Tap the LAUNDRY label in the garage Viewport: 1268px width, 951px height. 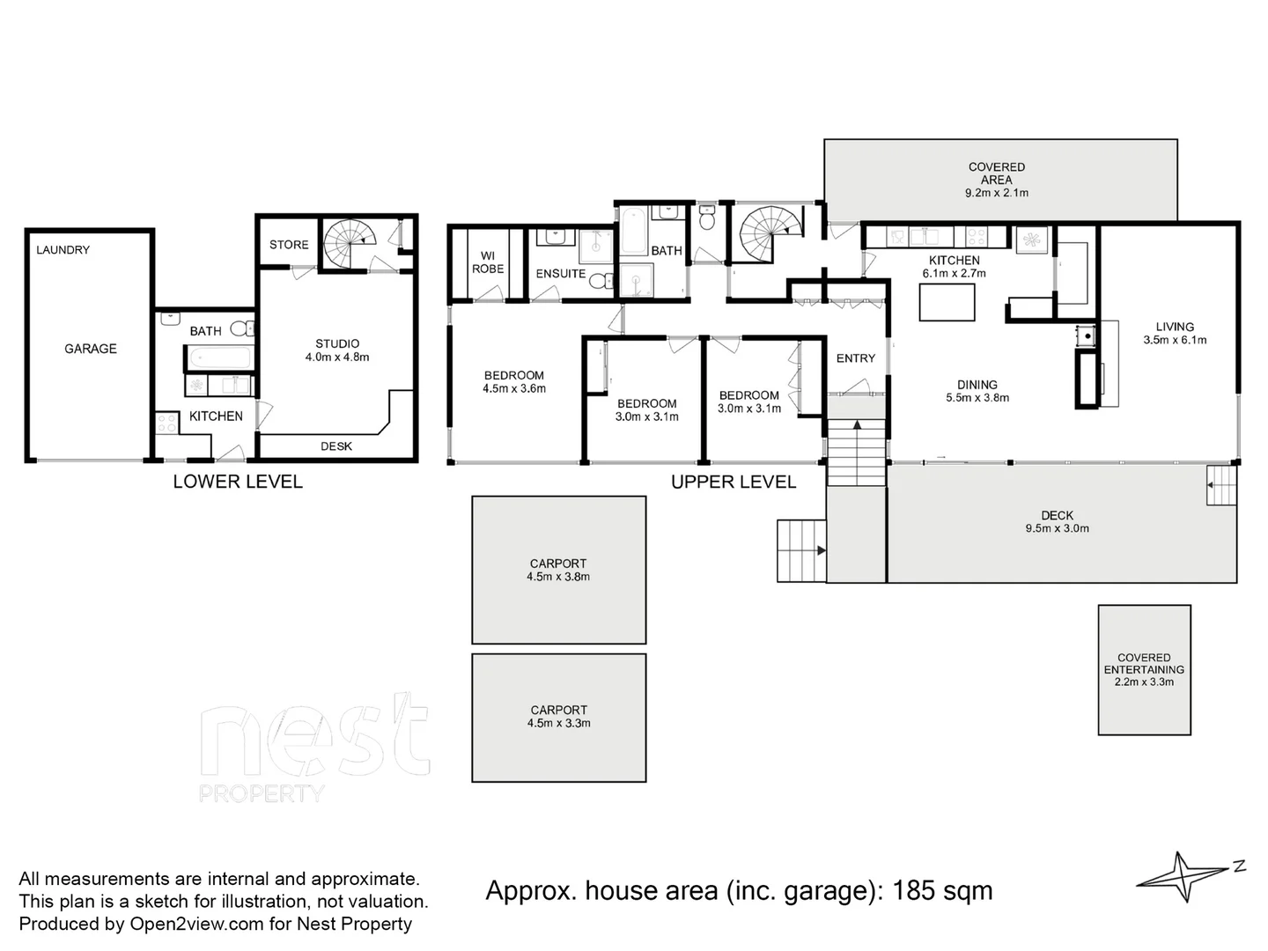pyautogui.click(x=63, y=250)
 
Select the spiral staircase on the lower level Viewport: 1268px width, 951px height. pyautogui.click(x=350, y=242)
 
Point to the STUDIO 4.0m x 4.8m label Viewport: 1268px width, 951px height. pyautogui.click(x=336, y=350)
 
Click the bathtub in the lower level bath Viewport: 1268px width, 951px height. pyautogui.click(x=219, y=358)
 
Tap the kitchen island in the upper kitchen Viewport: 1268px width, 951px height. pyautogui.click(x=947, y=302)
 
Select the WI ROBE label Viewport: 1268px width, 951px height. pyautogui.click(x=488, y=262)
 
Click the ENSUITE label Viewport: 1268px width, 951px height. pyautogui.click(x=561, y=274)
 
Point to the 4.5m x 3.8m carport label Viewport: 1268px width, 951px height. pyautogui.click(x=558, y=571)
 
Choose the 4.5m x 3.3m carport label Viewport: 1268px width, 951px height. pyautogui.click(x=558, y=717)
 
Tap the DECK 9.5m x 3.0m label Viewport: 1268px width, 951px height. pyautogui.click(x=1057, y=522)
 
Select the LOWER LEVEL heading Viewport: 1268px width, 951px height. pyautogui.click(x=237, y=482)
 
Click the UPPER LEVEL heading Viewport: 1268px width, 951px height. pyautogui.click(x=734, y=482)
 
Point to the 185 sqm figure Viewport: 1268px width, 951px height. pyautogui.click(x=942, y=891)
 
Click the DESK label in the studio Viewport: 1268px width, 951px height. pyautogui.click(x=335, y=446)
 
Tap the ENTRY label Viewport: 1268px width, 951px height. pyautogui.click(x=855, y=358)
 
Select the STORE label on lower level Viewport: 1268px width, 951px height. pyautogui.click(x=289, y=245)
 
